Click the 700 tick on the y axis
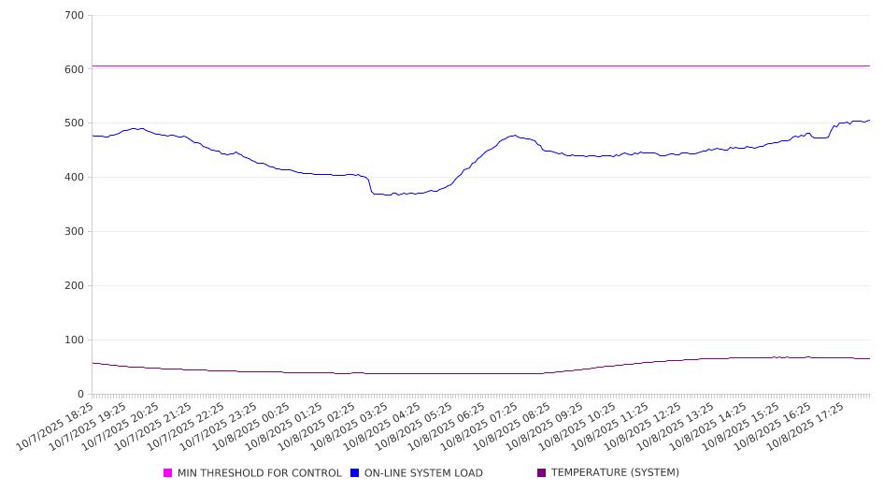point(75,16)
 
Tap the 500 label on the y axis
point(75,123)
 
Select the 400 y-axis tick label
point(75,178)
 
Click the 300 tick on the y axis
point(75,232)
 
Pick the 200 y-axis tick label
point(75,286)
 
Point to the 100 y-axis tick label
point(75,340)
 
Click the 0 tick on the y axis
point(81,395)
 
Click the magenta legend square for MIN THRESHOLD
point(168,473)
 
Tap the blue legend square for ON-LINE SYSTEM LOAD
point(355,473)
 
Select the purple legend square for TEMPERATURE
point(542,473)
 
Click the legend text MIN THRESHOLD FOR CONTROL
point(260,473)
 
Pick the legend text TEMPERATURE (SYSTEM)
point(615,473)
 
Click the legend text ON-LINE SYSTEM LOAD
point(423,473)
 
